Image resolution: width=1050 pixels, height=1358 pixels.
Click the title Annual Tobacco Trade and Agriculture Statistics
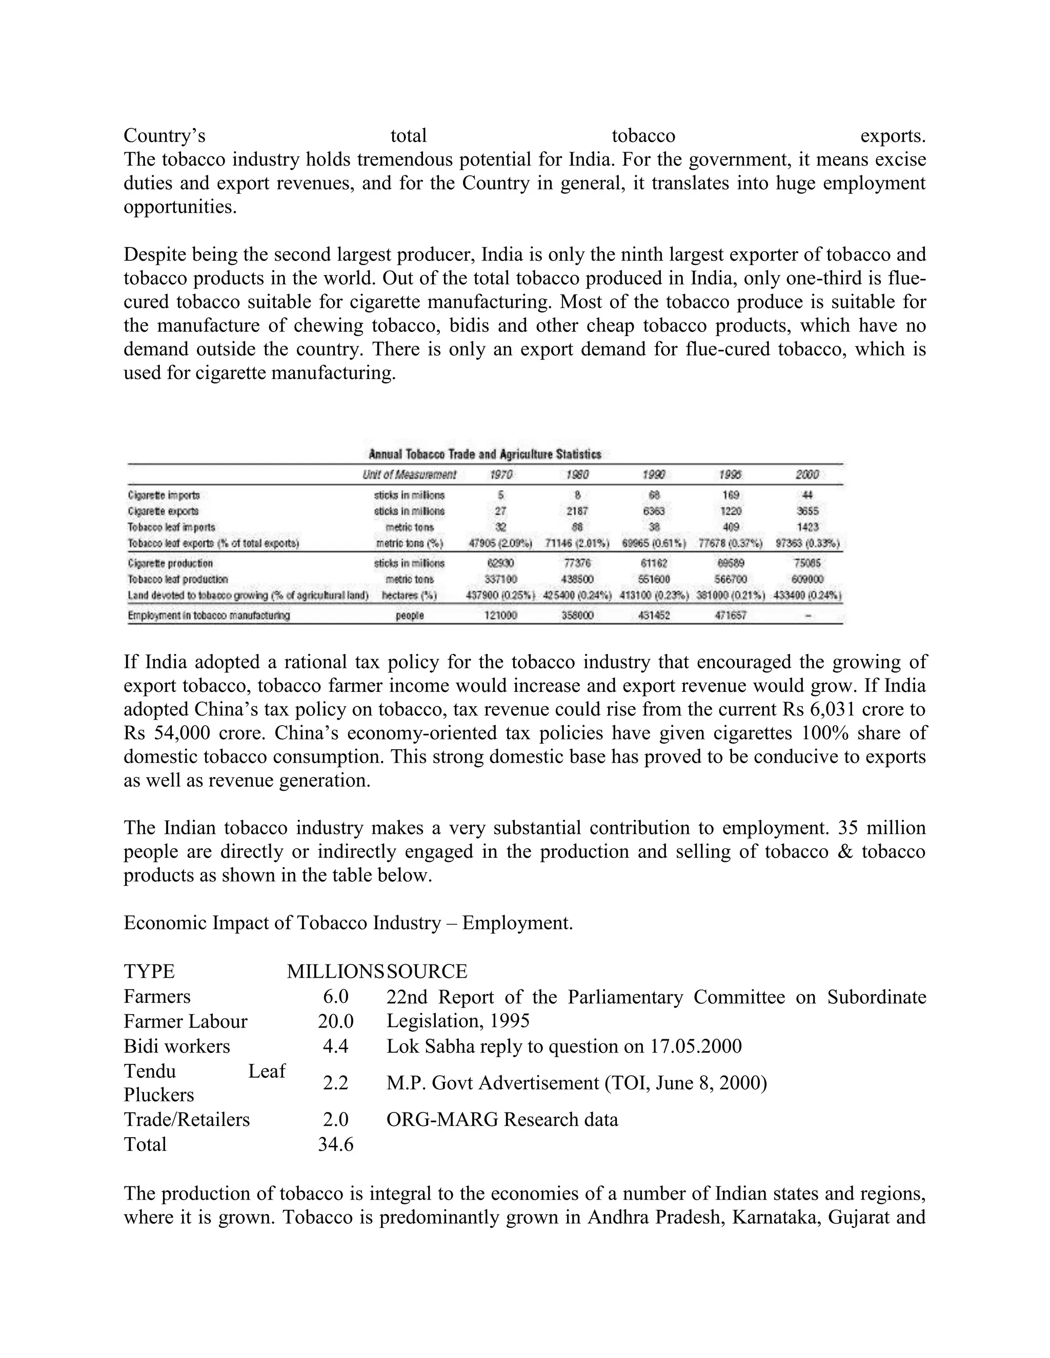pos(485,455)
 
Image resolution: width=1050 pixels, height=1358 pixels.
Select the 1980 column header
pos(577,475)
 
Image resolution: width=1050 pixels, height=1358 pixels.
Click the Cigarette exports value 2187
pos(577,511)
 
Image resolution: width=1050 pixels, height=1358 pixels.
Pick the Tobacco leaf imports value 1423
pos(807,527)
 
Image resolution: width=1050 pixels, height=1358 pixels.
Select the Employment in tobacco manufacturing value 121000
pos(501,615)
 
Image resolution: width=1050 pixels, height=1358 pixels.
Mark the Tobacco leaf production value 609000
pos(807,580)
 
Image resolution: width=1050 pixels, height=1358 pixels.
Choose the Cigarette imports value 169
pos(731,496)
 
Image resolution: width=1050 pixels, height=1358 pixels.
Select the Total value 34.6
pos(335,1144)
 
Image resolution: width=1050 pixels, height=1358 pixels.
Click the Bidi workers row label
pos(177,1046)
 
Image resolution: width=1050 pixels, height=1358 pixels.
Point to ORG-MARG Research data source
pos(502,1119)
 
